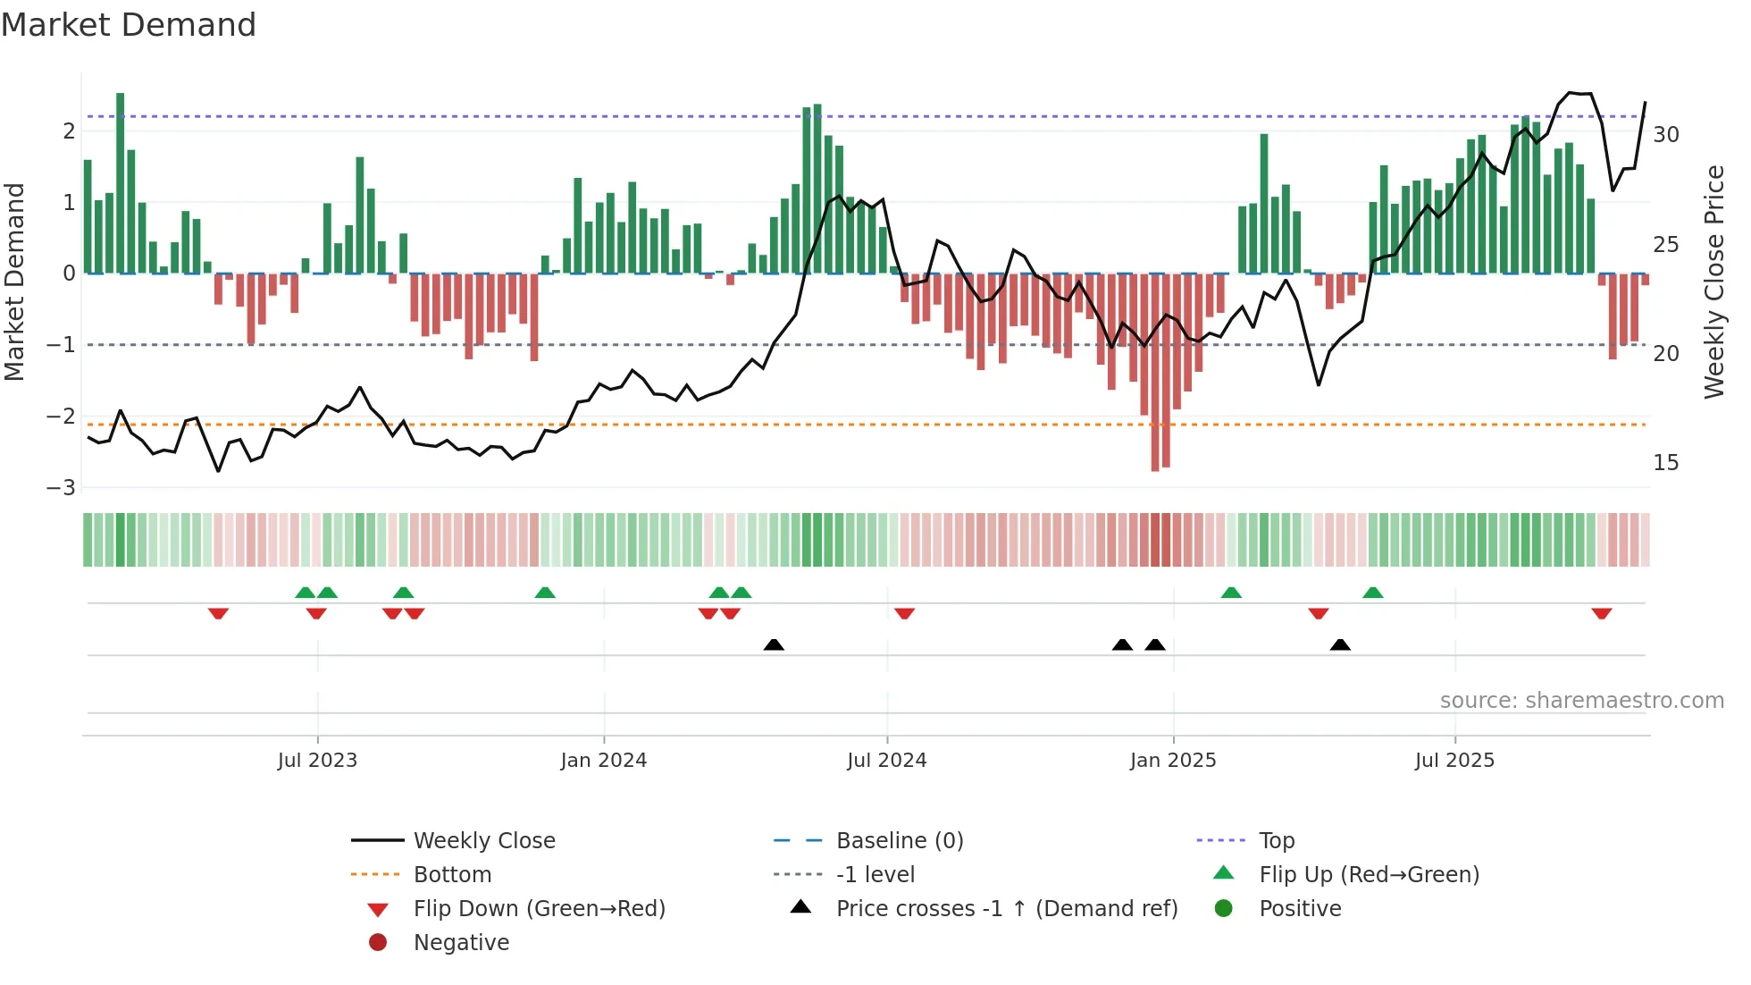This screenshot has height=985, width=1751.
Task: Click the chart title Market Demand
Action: pos(129,25)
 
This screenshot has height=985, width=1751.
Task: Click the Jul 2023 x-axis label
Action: pos(317,761)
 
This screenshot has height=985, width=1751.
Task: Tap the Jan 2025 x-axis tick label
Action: pos(1173,761)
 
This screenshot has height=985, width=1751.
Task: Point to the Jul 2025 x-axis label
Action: pos(1454,761)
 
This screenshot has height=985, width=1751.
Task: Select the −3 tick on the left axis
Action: pos(61,487)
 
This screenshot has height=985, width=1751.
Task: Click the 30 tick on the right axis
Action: pos(1665,135)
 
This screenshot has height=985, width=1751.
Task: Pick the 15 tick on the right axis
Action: pos(1665,463)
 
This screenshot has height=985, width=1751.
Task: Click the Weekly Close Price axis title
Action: pos(1713,282)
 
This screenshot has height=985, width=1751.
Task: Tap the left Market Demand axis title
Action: pos(15,282)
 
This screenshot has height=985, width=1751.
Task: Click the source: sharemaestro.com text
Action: pos(1581,701)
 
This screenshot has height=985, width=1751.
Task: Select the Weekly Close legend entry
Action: pos(483,841)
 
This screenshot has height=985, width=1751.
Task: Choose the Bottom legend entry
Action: pos(452,875)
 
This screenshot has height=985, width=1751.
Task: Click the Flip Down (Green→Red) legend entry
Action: pos(539,909)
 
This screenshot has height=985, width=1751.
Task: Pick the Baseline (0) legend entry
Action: pos(899,841)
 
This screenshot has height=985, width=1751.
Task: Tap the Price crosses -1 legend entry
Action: pos(1006,909)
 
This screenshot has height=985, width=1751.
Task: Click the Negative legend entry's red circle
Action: pos(378,943)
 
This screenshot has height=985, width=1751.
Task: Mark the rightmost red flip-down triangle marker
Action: pos(1601,613)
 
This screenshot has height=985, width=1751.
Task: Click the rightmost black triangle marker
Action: pos(1340,644)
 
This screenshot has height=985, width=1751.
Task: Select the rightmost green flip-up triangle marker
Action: pos(1373,593)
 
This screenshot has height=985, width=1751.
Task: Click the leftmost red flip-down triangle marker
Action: pos(218,613)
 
